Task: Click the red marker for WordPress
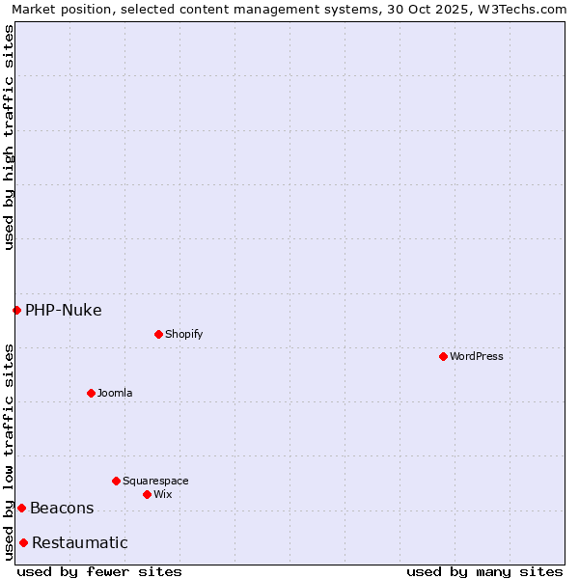443,356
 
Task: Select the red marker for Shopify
158,334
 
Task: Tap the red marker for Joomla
91,393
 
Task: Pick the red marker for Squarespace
116,481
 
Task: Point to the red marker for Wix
147,494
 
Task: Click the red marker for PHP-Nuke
16,310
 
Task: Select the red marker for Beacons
21,508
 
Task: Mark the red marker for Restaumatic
23,542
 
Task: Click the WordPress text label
477,356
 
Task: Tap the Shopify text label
184,334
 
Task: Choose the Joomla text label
115,393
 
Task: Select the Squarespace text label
155,481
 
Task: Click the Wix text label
163,494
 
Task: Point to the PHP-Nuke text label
64,310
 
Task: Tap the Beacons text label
62,508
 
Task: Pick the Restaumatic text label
80,542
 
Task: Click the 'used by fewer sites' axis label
99,571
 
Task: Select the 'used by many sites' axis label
484,571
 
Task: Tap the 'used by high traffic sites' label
9,137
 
